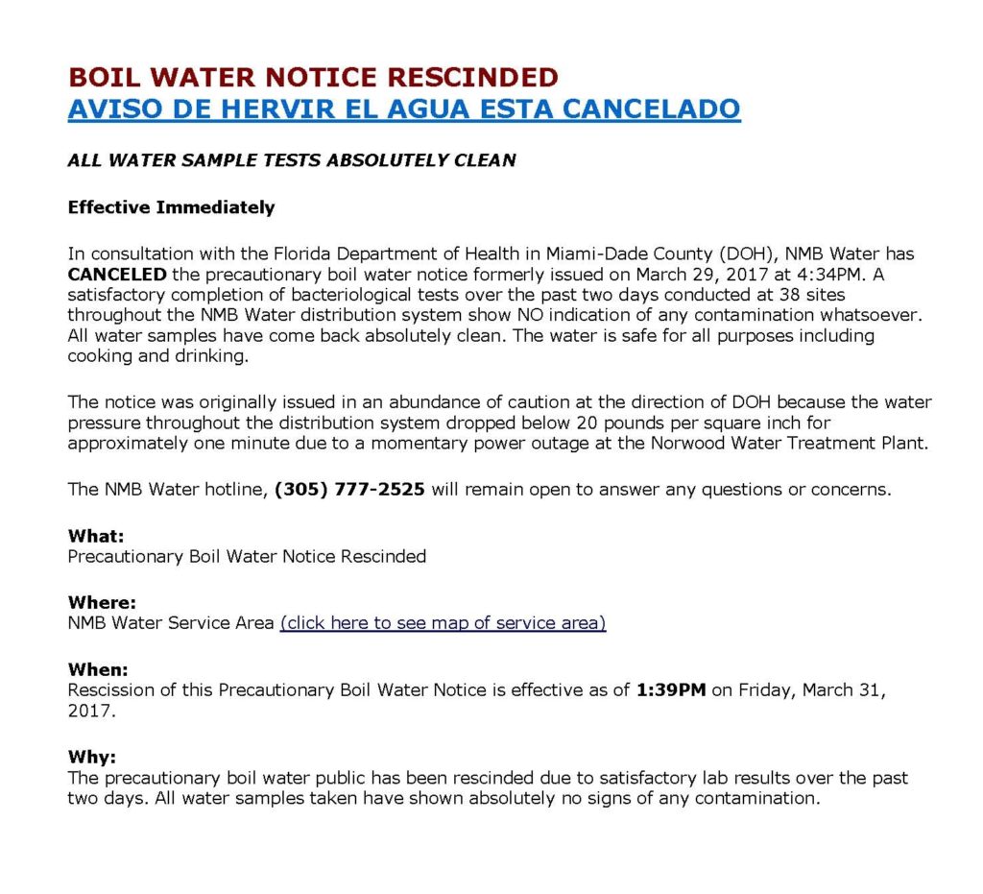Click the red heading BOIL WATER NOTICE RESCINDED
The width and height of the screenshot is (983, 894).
312,77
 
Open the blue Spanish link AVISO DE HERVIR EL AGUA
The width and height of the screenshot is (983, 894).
403,109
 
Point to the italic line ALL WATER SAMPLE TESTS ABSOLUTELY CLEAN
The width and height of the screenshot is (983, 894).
292,160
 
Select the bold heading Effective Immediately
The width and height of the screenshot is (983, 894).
171,207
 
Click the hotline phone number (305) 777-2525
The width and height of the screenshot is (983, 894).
349,490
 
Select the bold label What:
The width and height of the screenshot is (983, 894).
96,537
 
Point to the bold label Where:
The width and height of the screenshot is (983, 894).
102,603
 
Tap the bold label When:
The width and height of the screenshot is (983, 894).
98,670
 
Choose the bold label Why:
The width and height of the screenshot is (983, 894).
91,757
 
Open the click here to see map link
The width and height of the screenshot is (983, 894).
443,623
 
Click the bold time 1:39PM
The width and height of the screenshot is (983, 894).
671,690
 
